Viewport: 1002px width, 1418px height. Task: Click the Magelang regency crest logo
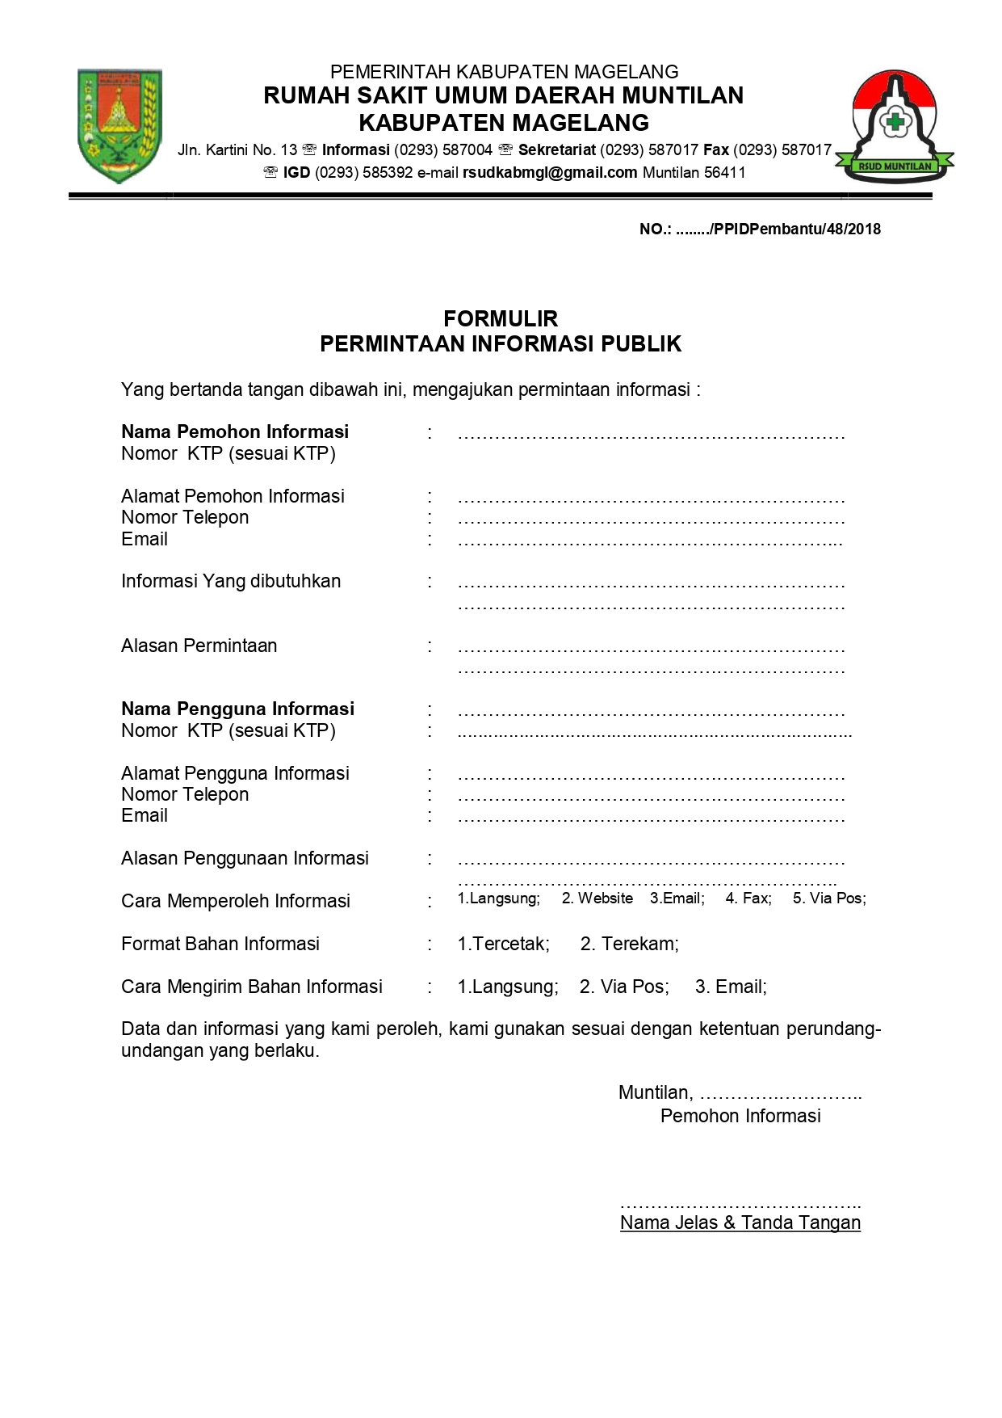(119, 125)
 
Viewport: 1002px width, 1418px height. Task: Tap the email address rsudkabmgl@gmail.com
(550, 172)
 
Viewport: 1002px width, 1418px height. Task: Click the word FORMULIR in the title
(501, 318)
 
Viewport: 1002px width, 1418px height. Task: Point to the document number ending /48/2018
(760, 229)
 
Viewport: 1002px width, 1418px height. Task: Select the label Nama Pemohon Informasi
(235, 431)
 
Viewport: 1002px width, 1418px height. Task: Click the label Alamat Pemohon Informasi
(233, 496)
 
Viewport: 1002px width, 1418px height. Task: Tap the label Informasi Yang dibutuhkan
(231, 581)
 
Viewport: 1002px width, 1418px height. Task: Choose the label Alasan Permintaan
(199, 646)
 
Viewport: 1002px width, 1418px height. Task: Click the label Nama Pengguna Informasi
(237, 709)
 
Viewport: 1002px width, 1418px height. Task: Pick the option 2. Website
(597, 898)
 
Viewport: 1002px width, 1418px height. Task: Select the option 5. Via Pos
(828, 898)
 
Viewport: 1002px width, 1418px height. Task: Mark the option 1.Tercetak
(503, 944)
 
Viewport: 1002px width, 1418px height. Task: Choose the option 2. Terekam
(629, 944)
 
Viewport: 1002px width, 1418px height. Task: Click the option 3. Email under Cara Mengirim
(731, 987)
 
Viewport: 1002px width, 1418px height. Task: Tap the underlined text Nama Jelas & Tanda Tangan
(740, 1222)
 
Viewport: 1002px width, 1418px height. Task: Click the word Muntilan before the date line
(655, 1093)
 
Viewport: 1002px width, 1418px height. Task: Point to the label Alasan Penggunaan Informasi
(245, 858)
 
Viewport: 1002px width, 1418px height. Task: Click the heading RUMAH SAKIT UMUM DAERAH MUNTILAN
(503, 95)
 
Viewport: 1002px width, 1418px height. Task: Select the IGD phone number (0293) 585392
(363, 172)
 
